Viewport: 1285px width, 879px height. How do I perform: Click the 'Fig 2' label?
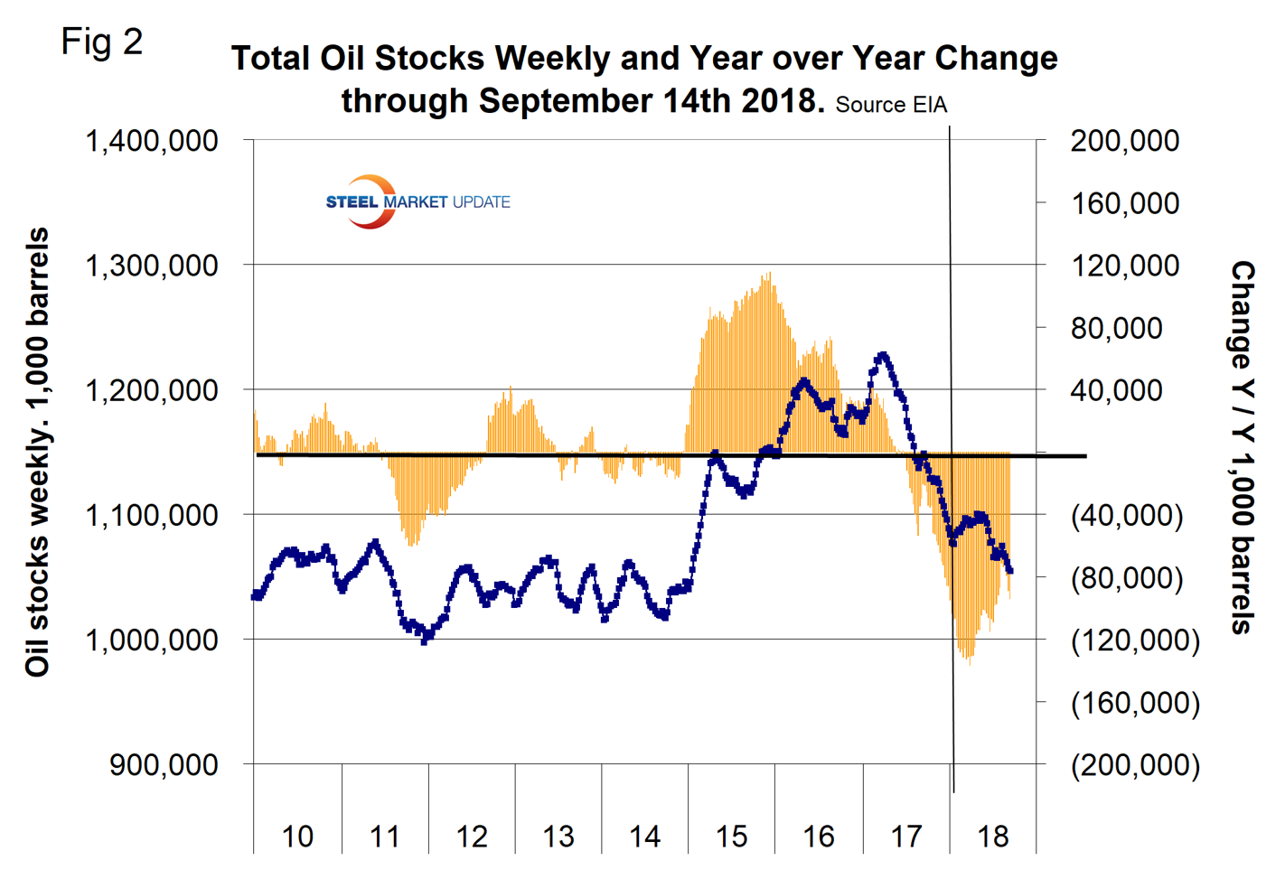point(102,42)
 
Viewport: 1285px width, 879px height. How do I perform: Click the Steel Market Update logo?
point(417,201)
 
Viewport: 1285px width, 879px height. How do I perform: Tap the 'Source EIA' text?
point(891,105)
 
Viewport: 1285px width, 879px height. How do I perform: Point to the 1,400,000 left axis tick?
point(152,141)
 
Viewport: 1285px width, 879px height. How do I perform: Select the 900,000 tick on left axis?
point(164,764)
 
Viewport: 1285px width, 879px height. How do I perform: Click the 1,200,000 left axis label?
point(152,390)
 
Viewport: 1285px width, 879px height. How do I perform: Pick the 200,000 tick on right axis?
point(1124,141)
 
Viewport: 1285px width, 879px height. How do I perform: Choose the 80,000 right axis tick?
point(1116,328)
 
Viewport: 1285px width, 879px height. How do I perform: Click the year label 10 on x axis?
point(297,837)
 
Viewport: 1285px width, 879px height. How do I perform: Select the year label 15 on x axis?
point(731,837)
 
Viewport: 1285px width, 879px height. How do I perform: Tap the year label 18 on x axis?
point(992,837)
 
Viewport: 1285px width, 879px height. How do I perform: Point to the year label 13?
point(558,837)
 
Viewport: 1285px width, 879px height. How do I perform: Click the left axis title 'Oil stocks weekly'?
point(37,452)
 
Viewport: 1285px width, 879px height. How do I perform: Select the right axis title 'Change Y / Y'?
point(1243,447)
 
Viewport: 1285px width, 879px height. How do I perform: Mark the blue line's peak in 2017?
point(882,355)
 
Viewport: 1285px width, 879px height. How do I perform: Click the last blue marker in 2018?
point(1009,570)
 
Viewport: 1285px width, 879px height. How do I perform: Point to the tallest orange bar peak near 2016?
point(769,274)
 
